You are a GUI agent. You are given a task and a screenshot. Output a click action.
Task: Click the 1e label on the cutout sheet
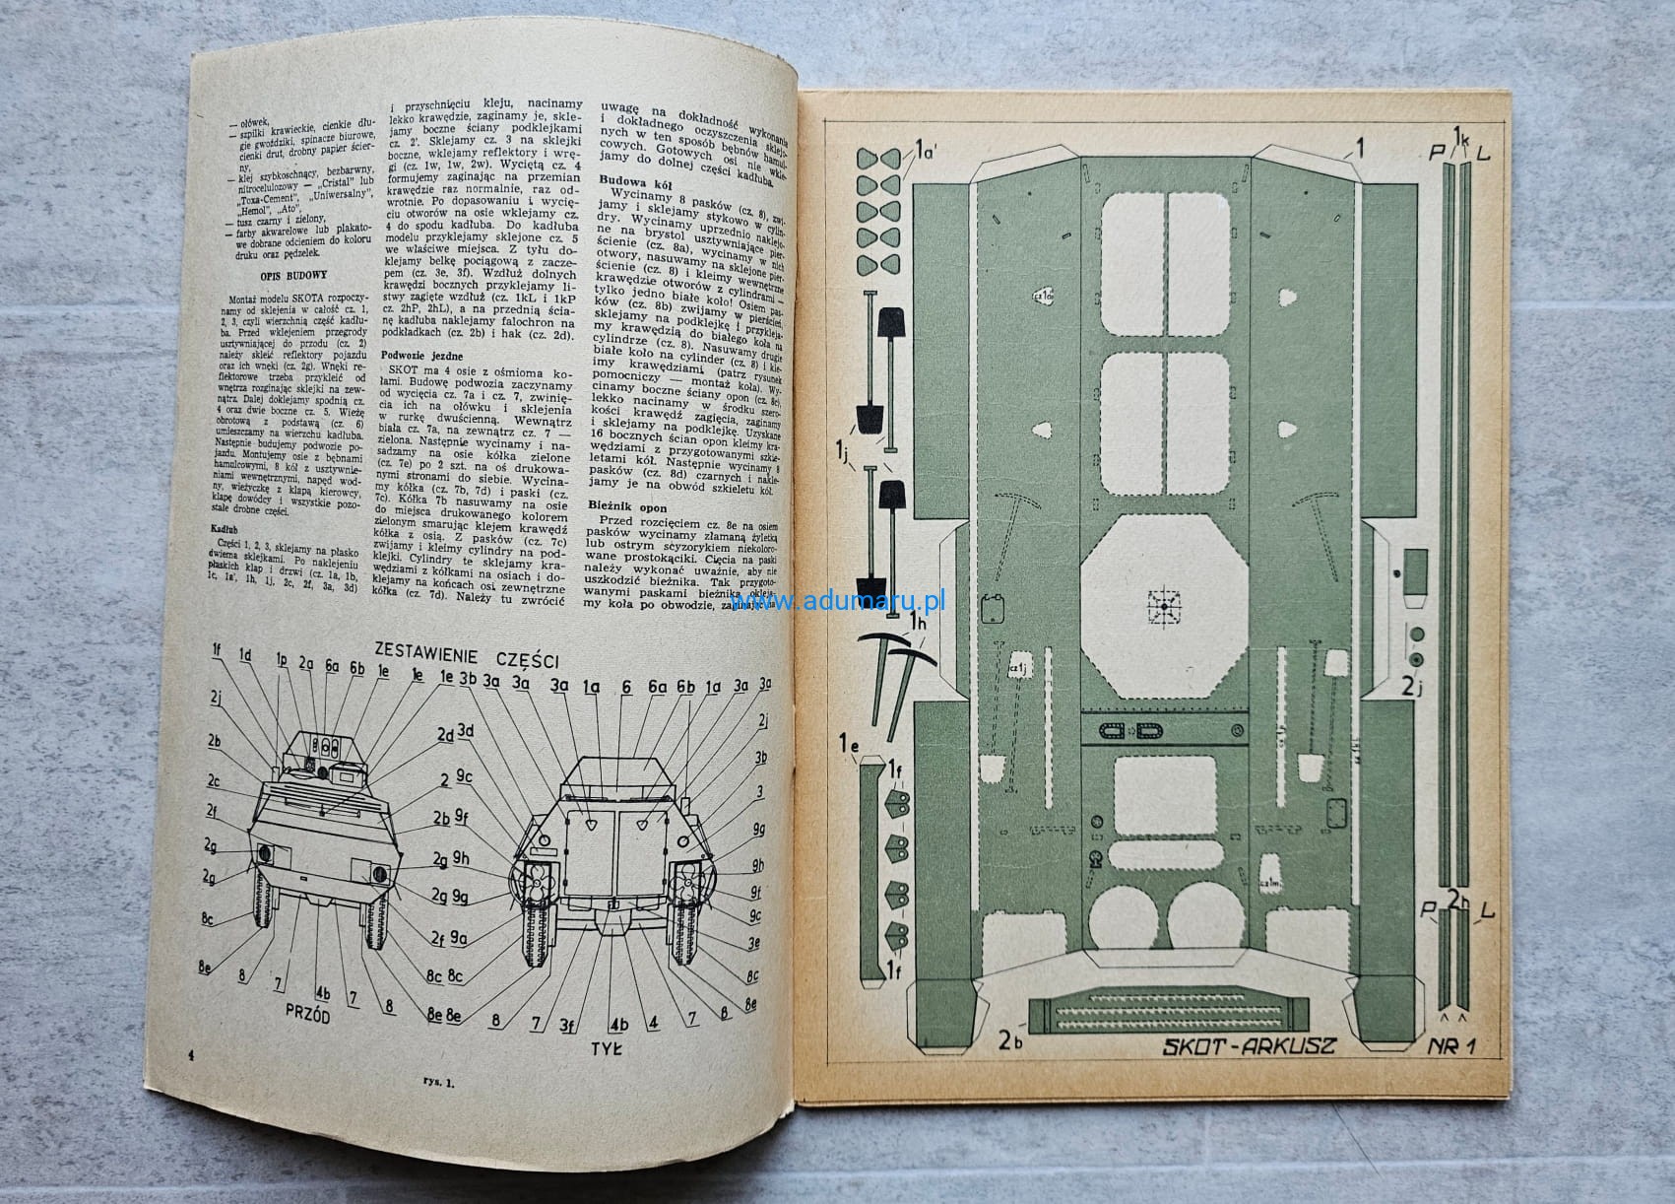click(850, 743)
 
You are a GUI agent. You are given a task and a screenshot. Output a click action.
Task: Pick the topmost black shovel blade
click(894, 324)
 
